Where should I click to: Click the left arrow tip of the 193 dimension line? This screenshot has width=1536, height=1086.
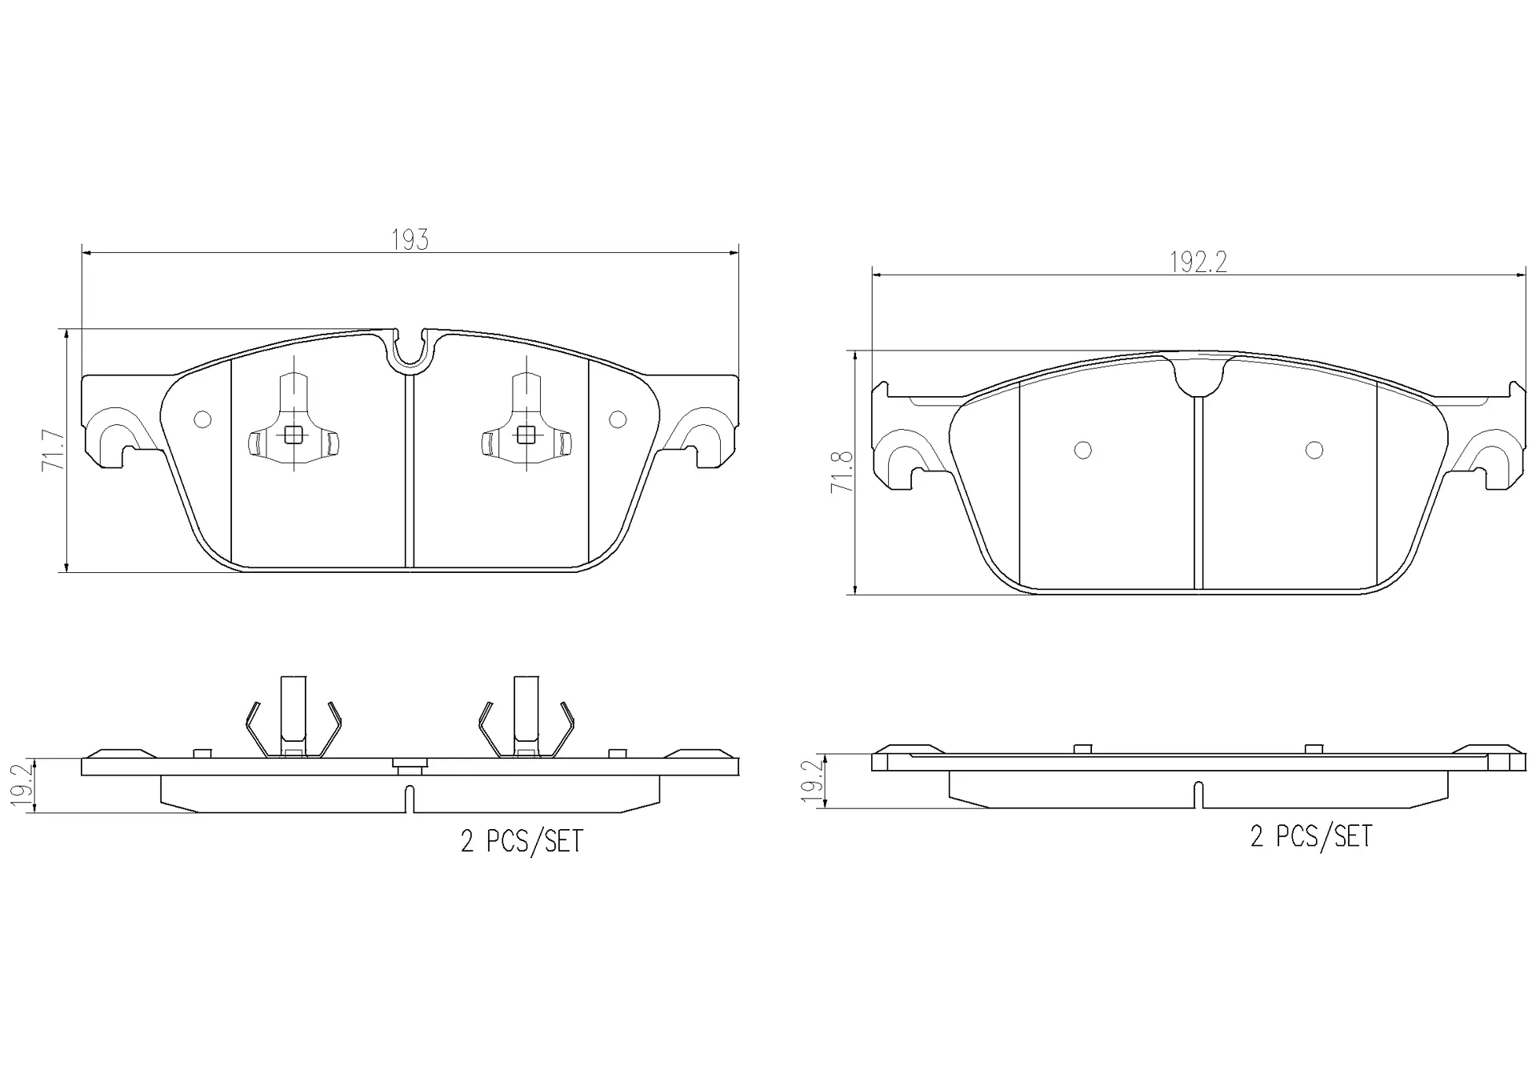pyautogui.click(x=82, y=253)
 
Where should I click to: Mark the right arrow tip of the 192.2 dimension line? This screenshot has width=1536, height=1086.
pyautogui.click(x=1525, y=275)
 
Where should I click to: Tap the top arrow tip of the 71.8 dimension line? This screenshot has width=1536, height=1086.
pyautogui.click(x=856, y=351)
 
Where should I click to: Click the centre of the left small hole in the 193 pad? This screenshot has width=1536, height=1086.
pyautogui.click(x=202, y=419)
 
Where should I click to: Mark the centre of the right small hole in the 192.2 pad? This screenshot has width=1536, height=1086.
pyautogui.click(x=1314, y=451)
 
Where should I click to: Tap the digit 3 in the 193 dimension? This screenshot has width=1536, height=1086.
pyautogui.click(x=422, y=239)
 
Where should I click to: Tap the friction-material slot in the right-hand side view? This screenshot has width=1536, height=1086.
pyautogui.click(x=1198, y=795)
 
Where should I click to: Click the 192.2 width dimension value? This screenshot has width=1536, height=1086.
pyautogui.click(x=1198, y=262)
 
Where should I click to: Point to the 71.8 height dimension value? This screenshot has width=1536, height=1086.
pyautogui.click(x=842, y=472)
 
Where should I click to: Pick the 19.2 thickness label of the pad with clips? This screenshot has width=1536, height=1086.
pyautogui.click(x=22, y=785)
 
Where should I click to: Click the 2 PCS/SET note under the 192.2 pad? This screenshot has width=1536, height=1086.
pyautogui.click(x=1311, y=837)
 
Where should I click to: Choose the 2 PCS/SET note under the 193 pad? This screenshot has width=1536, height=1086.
pyautogui.click(x=522, y=841)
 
